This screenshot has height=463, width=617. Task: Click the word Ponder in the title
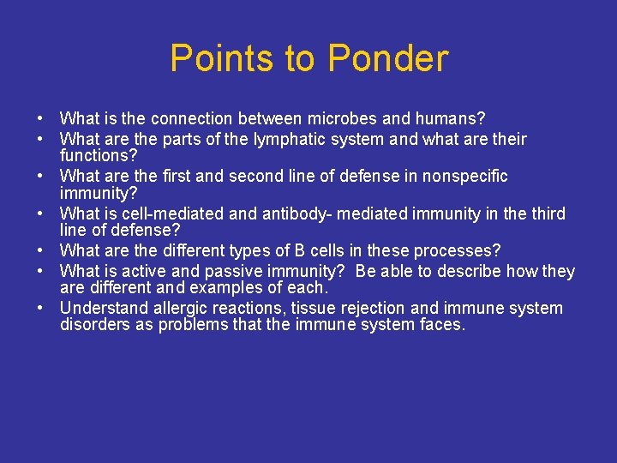pyautogui.click(x=388, y=59)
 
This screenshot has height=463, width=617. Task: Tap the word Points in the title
pyautogui.click(x=224, y=59)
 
